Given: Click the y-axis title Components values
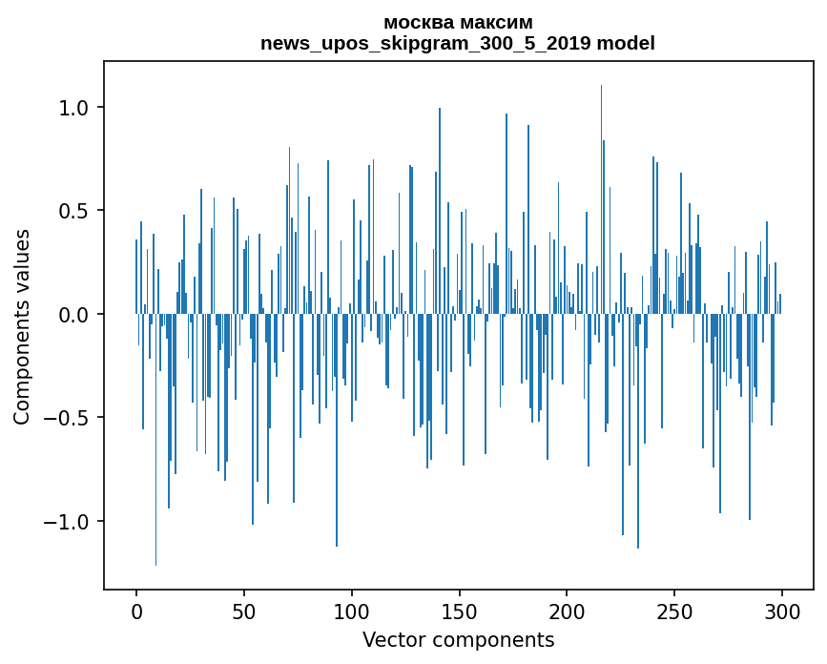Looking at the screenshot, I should coord(22,326).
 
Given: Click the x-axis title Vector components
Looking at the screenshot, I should coord(458,640).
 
